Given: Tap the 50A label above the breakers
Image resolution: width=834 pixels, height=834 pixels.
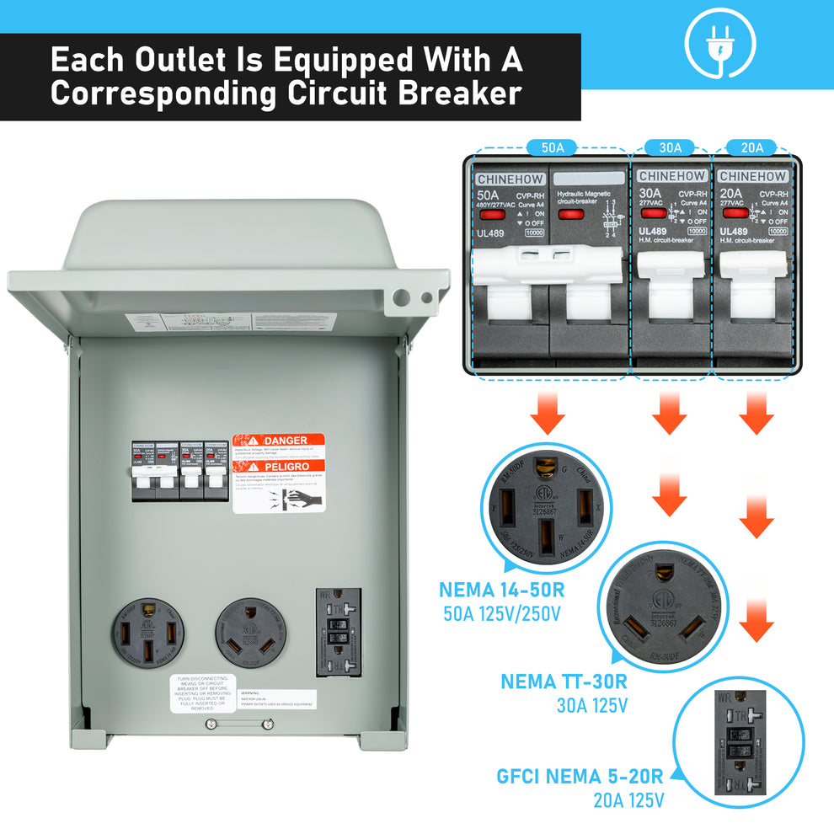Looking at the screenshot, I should (x=552, y=147).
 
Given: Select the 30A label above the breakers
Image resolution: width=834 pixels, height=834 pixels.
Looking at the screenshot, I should (x=671, y=147).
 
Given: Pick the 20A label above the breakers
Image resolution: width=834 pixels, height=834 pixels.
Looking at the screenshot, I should (x=751, y=147).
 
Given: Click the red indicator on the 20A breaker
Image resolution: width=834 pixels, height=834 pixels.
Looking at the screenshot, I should (x=735, y=214).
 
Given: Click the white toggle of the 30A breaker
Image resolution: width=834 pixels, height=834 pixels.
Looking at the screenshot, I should (x=671, y=291).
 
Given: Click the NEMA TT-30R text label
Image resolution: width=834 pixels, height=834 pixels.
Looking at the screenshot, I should (x=564, y=682).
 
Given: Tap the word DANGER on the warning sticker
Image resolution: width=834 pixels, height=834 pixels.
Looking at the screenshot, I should (x=286, y=441).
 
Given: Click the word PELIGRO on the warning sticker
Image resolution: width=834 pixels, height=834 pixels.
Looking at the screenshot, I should (x=286, y=466).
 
